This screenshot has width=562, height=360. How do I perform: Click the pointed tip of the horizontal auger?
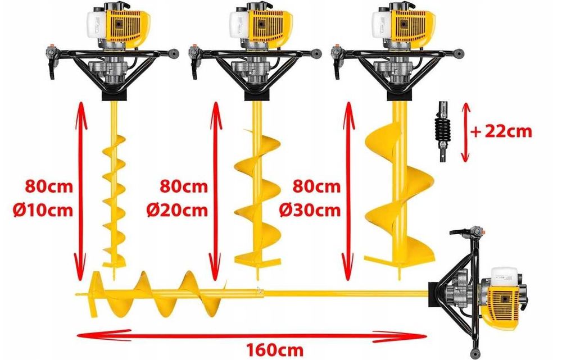(79, 293)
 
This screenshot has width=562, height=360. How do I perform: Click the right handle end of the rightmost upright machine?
(461, 53)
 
